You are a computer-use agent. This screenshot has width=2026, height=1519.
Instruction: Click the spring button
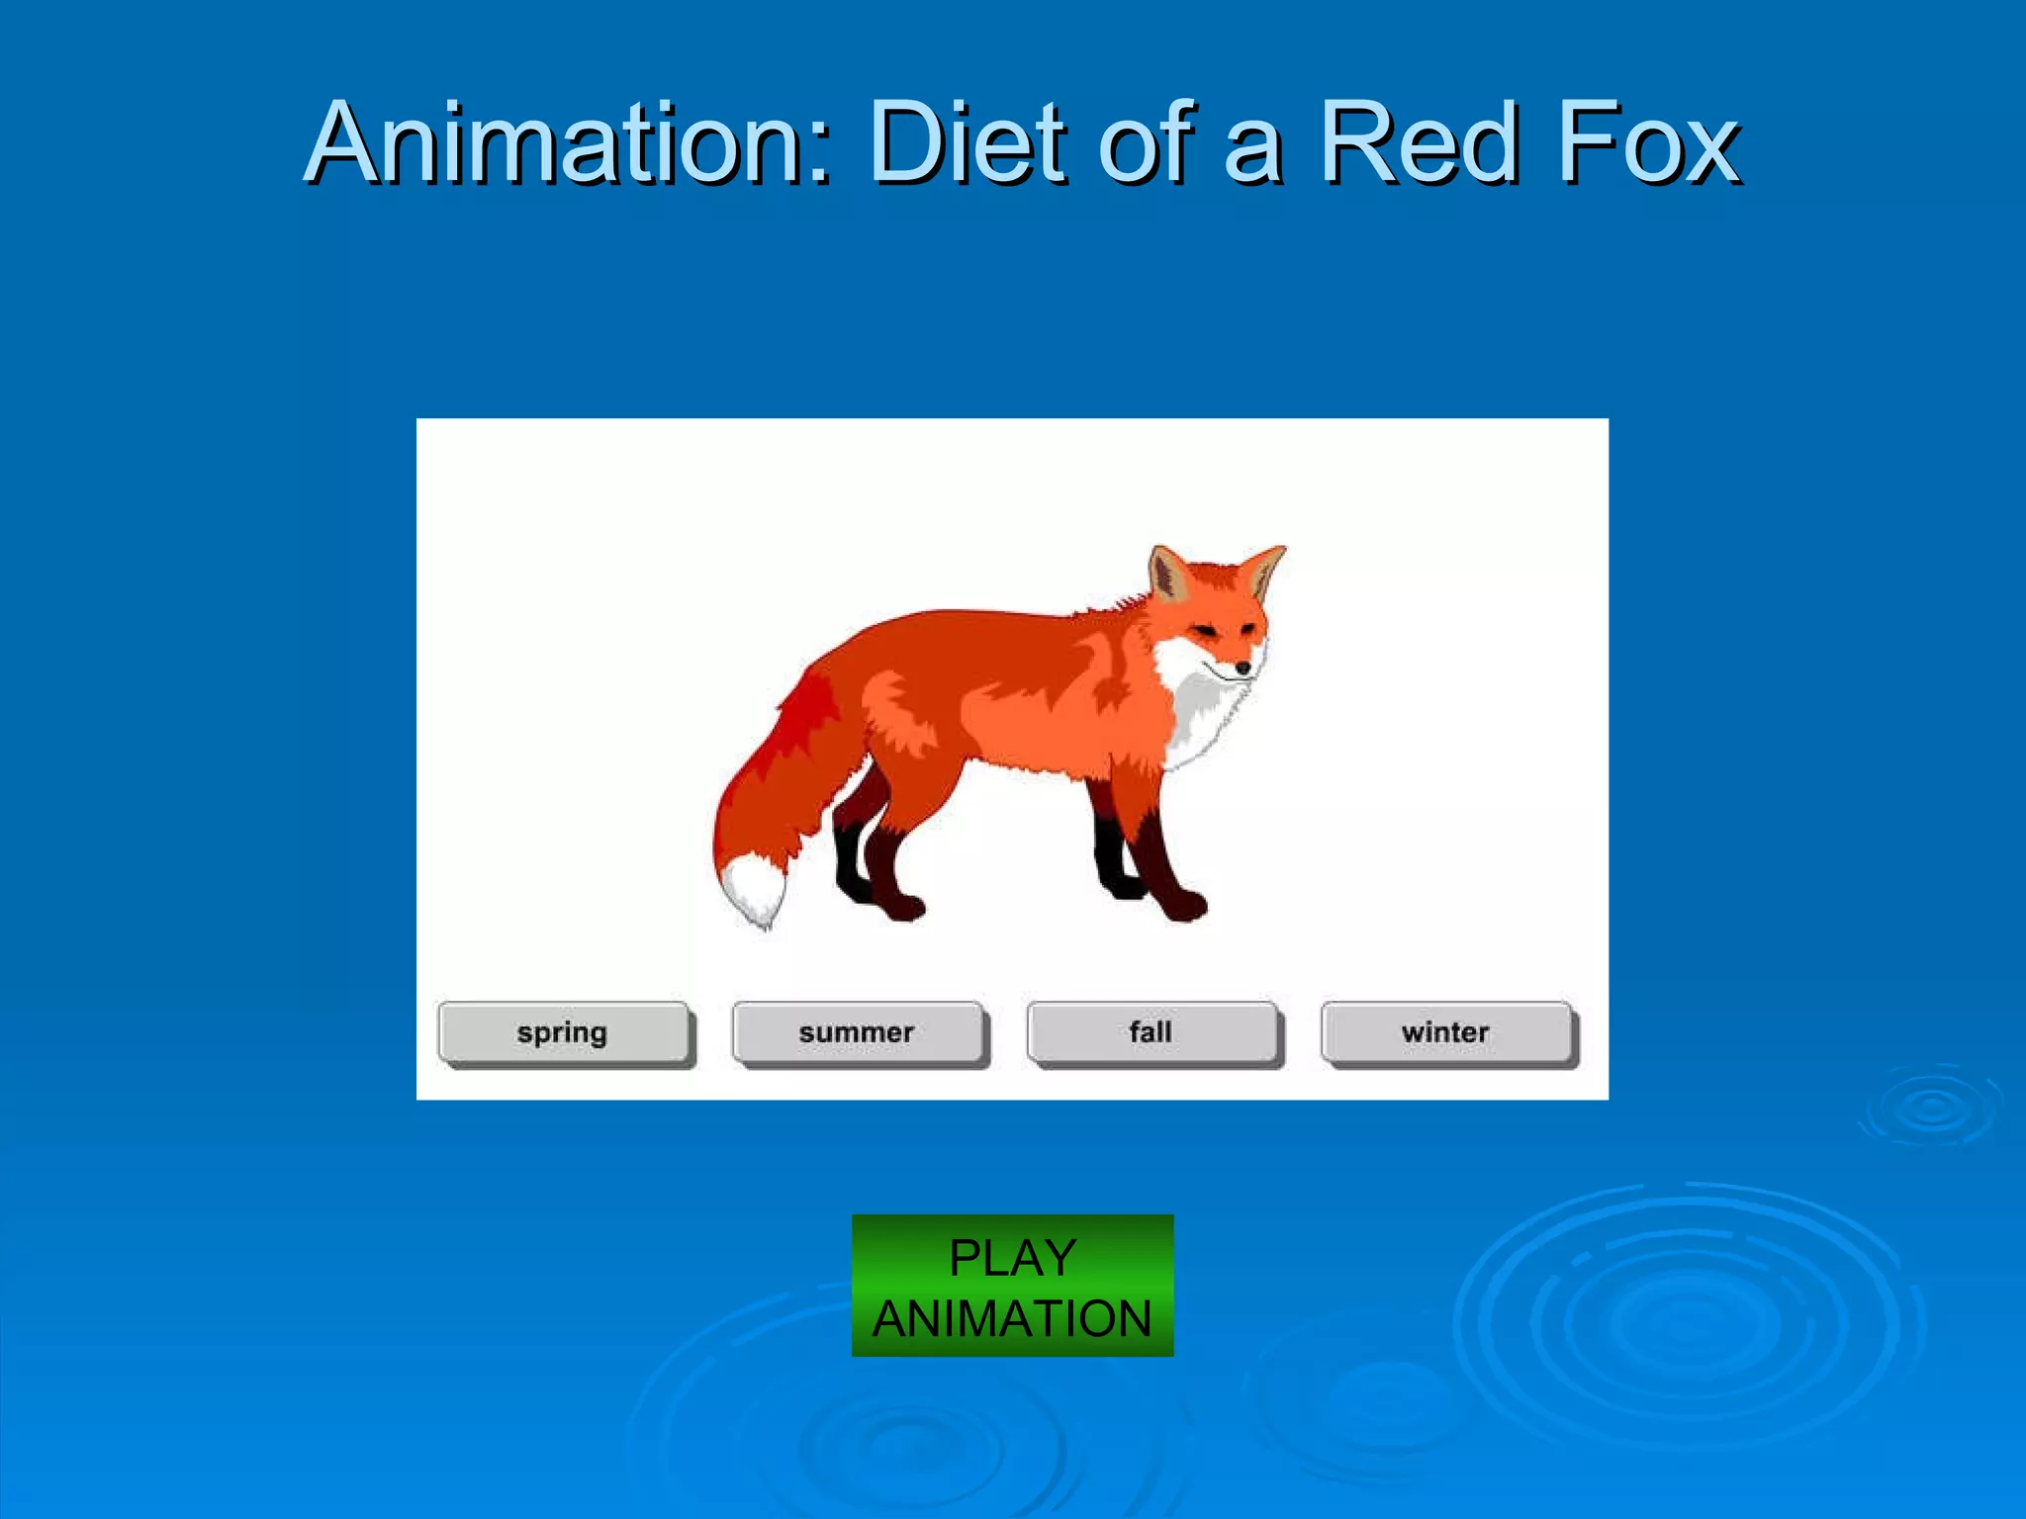[x=562, y=1033]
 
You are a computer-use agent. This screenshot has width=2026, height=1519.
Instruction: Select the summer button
[x=857, y=1033]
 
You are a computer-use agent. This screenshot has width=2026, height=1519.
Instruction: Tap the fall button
[x=1151, y=1033]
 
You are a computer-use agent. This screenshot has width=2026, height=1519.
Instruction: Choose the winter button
[x=1445, y=1033]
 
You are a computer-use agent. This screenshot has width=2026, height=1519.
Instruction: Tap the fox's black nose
[x=1243, y=669]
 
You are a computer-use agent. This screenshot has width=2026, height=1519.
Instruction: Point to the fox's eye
[x=1205, y=630]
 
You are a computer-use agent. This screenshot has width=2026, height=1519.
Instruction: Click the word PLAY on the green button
[x=1012, y=1259]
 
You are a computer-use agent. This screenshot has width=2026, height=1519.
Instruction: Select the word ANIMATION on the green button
[x=1012, y=1319]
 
